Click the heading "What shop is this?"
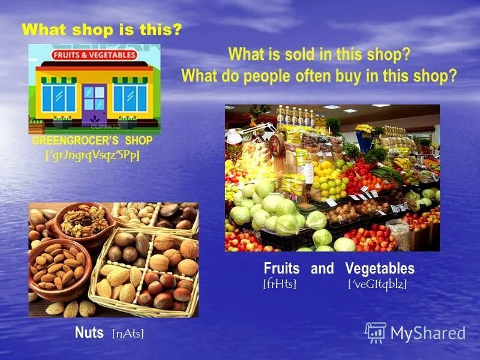101,29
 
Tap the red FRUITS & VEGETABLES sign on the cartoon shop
94,55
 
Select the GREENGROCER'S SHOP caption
92,140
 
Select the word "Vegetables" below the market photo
380,268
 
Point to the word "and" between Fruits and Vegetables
322,268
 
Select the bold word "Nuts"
89,332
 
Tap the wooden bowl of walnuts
84,221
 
